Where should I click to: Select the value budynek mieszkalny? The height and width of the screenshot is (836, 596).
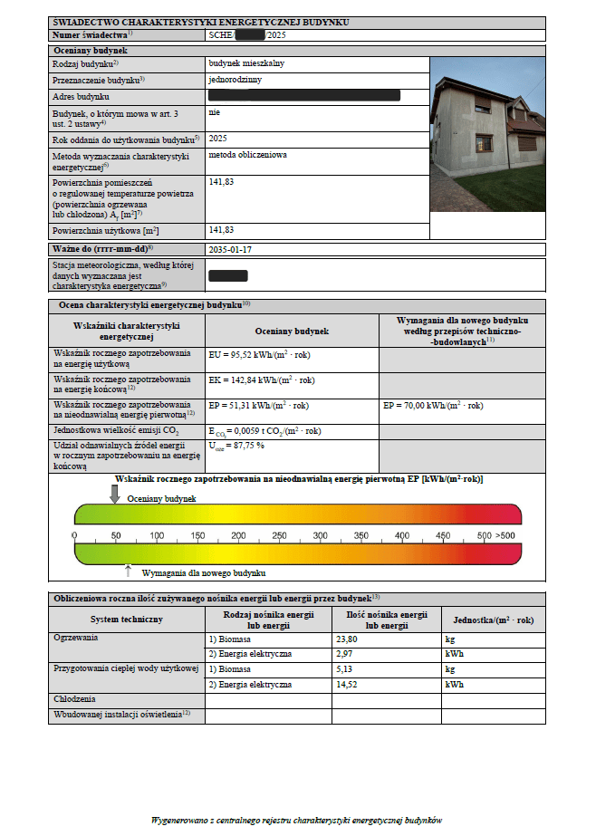point(245,64)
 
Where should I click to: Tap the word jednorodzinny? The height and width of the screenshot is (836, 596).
point(234,80)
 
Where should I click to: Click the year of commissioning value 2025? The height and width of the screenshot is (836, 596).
point(217,139)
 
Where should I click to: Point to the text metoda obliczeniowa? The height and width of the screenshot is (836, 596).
point(247,155)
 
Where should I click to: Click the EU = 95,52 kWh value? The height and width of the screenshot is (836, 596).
point(260,356)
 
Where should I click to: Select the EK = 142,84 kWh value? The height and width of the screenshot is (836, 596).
point(262,380)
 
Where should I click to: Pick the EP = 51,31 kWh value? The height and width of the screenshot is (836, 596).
point(259,406)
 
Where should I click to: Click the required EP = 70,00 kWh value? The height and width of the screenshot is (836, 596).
point(435,406)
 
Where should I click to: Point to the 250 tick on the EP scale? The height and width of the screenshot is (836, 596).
point(279,536)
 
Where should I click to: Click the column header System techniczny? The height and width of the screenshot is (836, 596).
point(127,619)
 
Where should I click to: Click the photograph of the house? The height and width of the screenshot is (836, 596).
point(487,134)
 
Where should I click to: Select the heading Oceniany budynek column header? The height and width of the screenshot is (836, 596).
point(291,332)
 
